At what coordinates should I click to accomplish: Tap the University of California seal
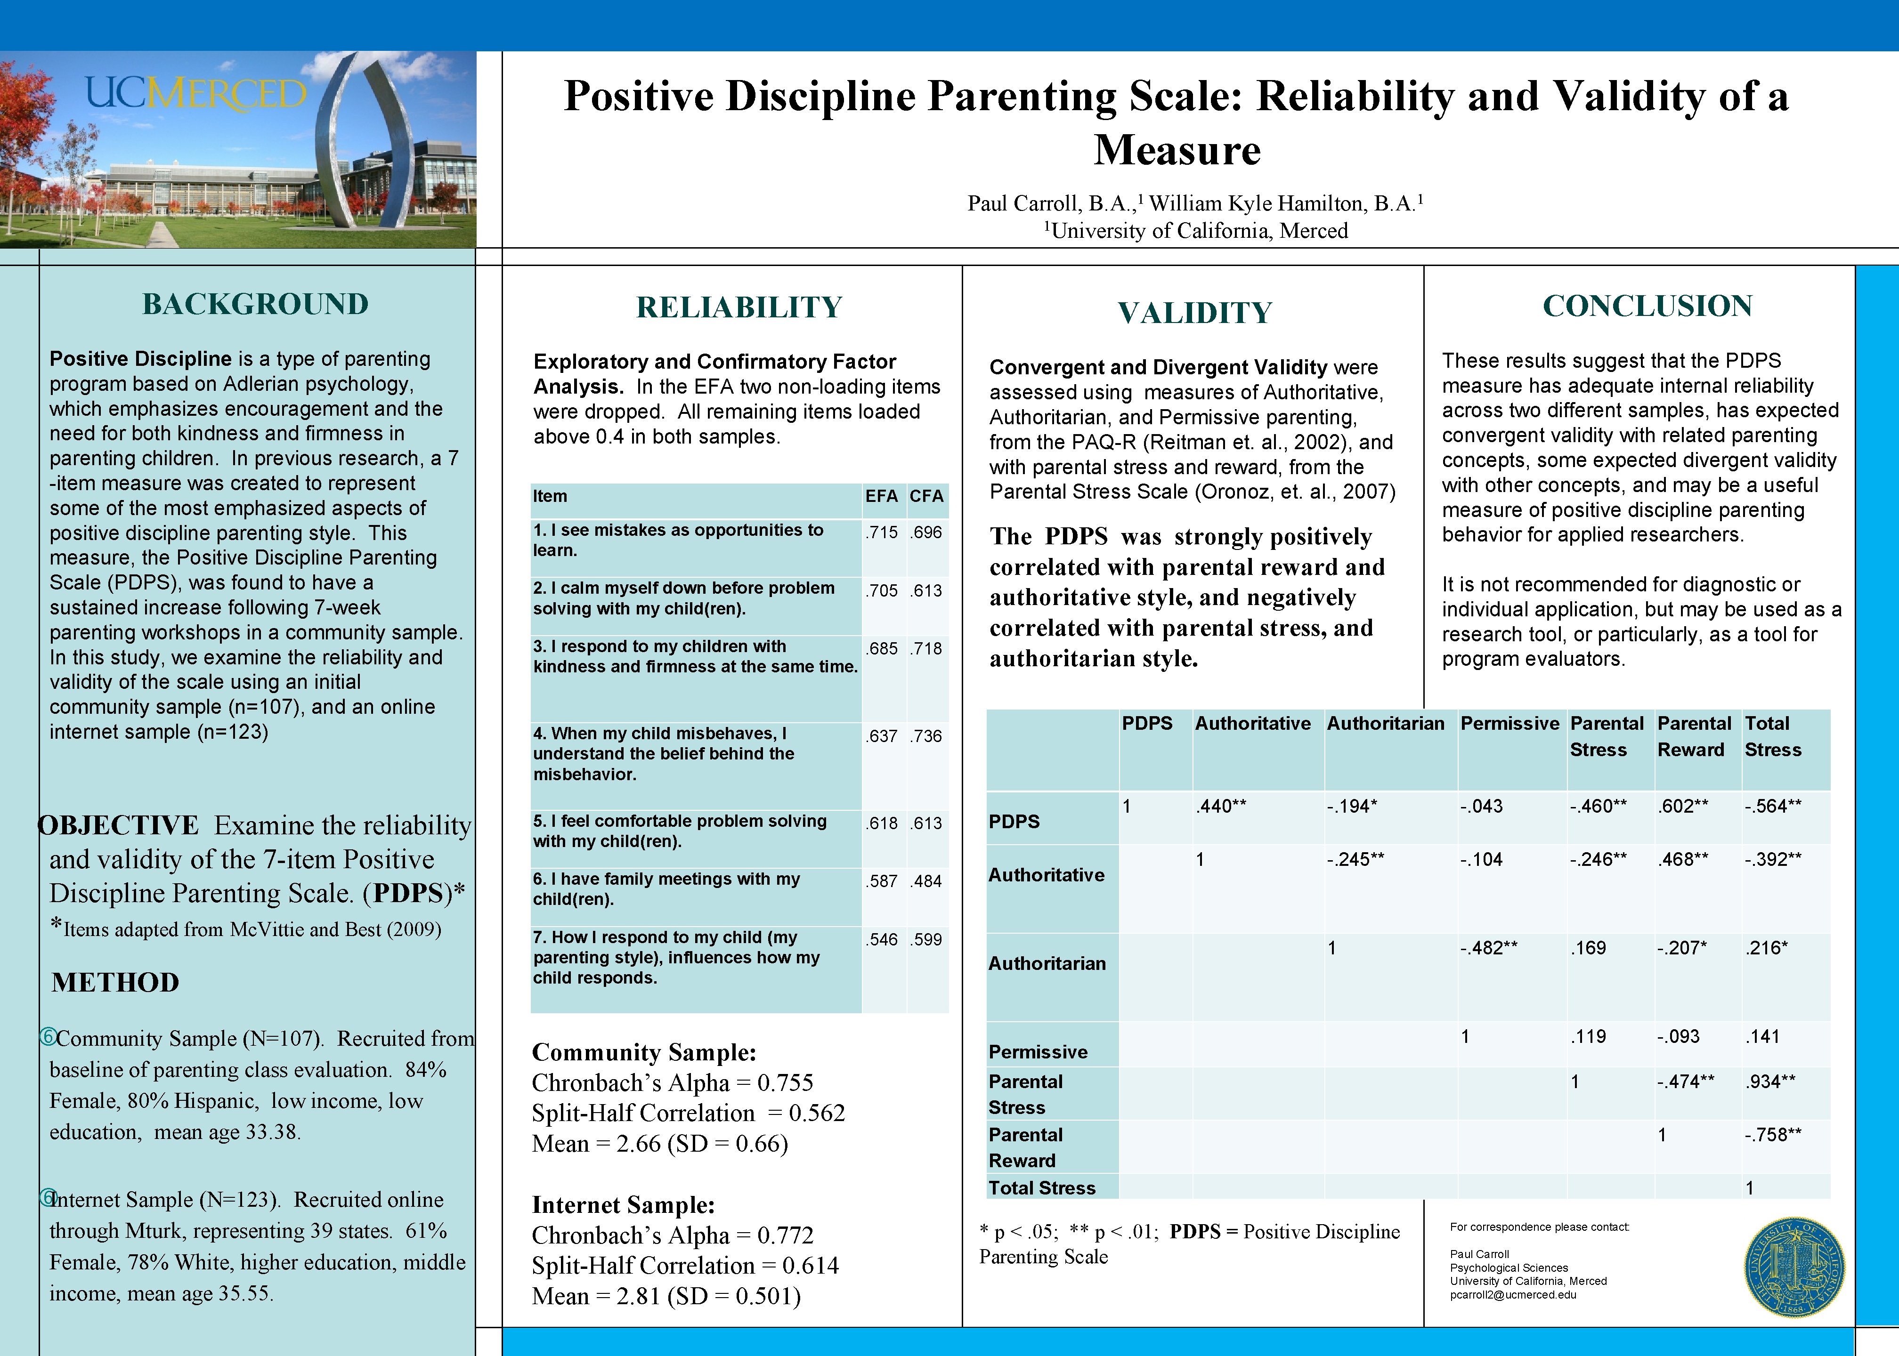click(x=1794, y=1267)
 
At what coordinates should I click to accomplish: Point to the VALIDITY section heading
click(x=1194, y=313)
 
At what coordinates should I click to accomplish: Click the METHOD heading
click(x=115, y=982)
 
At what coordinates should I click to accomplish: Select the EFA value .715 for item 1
click(x=882, y=533)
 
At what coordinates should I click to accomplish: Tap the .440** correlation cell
click(x=1221, y=807)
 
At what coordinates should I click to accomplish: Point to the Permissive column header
click(x=1509, y=724)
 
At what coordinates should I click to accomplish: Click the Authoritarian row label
click(x=1047, y=964)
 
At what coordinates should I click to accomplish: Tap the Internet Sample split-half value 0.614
click(x=810, y=1266)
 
